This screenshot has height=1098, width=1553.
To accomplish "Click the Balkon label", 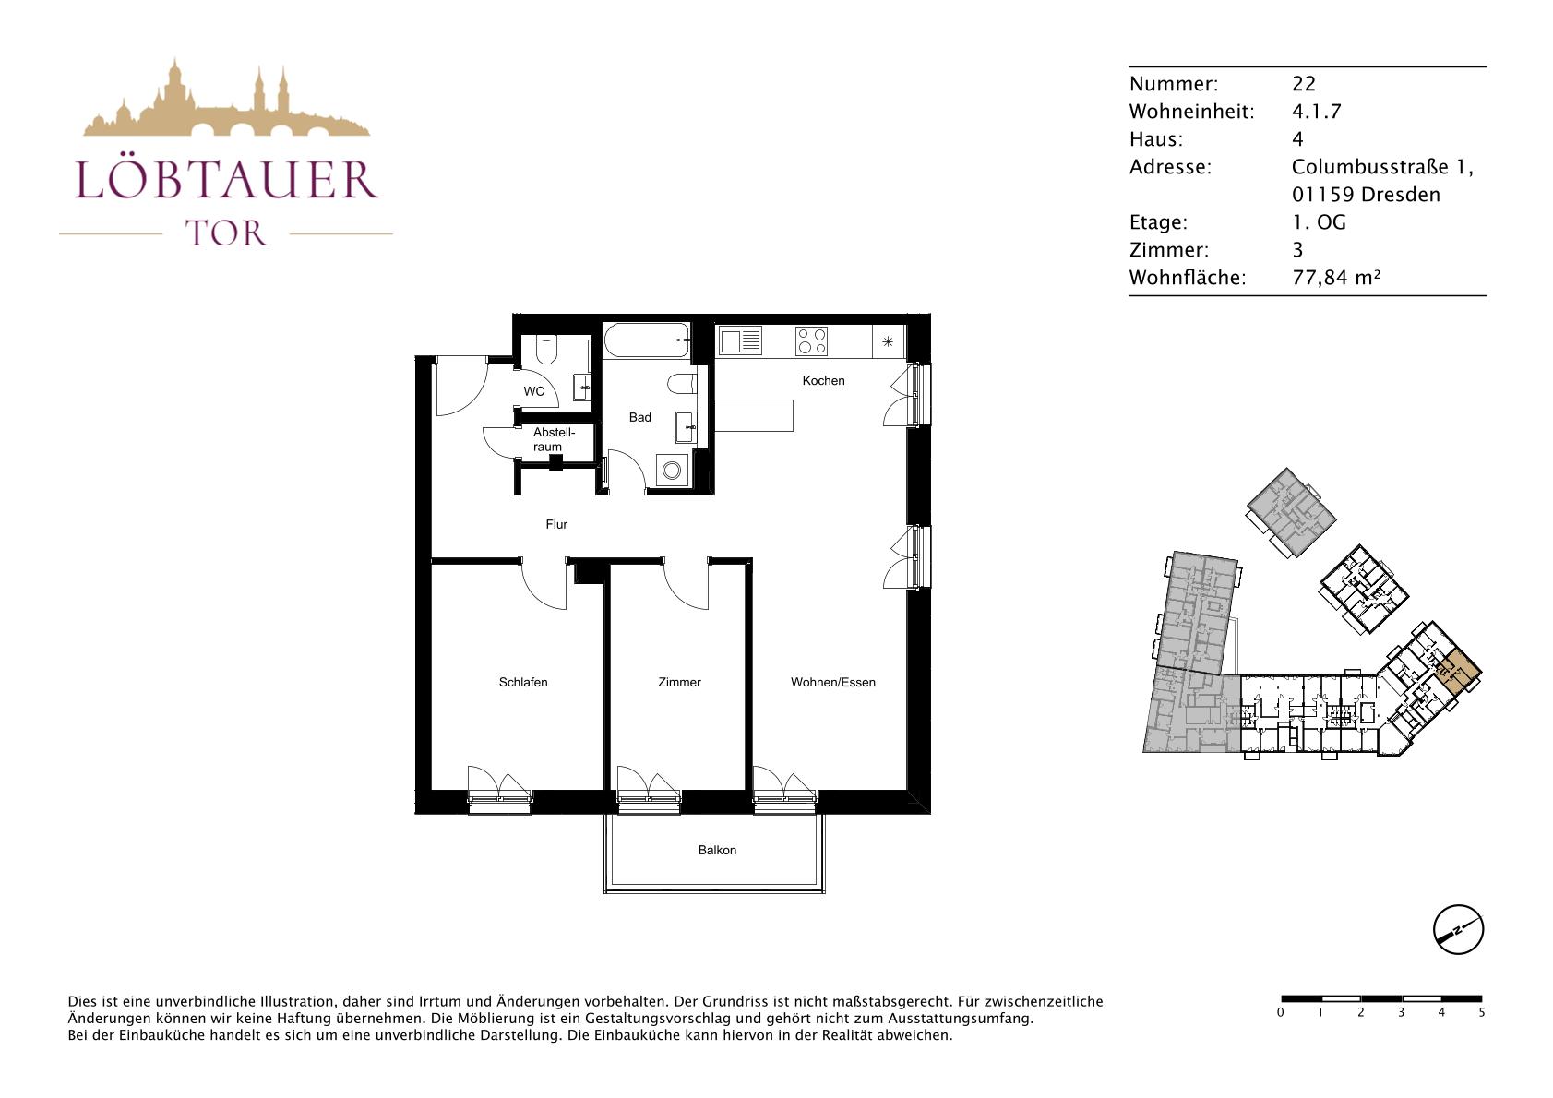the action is (x=717, y=850).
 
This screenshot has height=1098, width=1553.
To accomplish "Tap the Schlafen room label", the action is (x=523, y=682).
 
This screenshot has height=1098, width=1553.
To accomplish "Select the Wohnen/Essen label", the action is (x=832, y=682).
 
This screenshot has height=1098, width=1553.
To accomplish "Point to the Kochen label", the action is (x=824, y=380).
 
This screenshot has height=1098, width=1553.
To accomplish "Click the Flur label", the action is (x=556, y=525).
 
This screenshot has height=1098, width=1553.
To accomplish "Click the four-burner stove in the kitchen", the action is (x=811, y=341).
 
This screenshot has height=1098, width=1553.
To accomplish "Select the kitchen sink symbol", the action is (x=740, y=341).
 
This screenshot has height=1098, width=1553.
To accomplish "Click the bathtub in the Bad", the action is (x=647, y=340).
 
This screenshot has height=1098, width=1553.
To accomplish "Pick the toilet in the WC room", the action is (x=547, y=350).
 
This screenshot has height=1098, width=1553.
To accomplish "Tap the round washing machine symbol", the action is (x=671, y=471).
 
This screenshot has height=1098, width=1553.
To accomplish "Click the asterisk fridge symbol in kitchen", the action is (x=888, y=341).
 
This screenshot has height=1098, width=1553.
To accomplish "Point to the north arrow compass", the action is (x=1459, y=929).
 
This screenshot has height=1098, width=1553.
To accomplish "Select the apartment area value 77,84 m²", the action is (x=1336, y=278).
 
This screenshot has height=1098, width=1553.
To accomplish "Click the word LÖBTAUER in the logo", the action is (x=226, y=179).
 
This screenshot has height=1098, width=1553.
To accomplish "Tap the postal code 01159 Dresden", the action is (x=1366, y=195).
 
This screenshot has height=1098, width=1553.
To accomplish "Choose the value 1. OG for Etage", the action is (x=1319, y=222).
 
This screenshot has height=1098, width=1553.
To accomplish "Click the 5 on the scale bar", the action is (x=1482, y=1013).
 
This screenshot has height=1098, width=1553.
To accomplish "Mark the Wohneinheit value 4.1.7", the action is (x=1317, y=112).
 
